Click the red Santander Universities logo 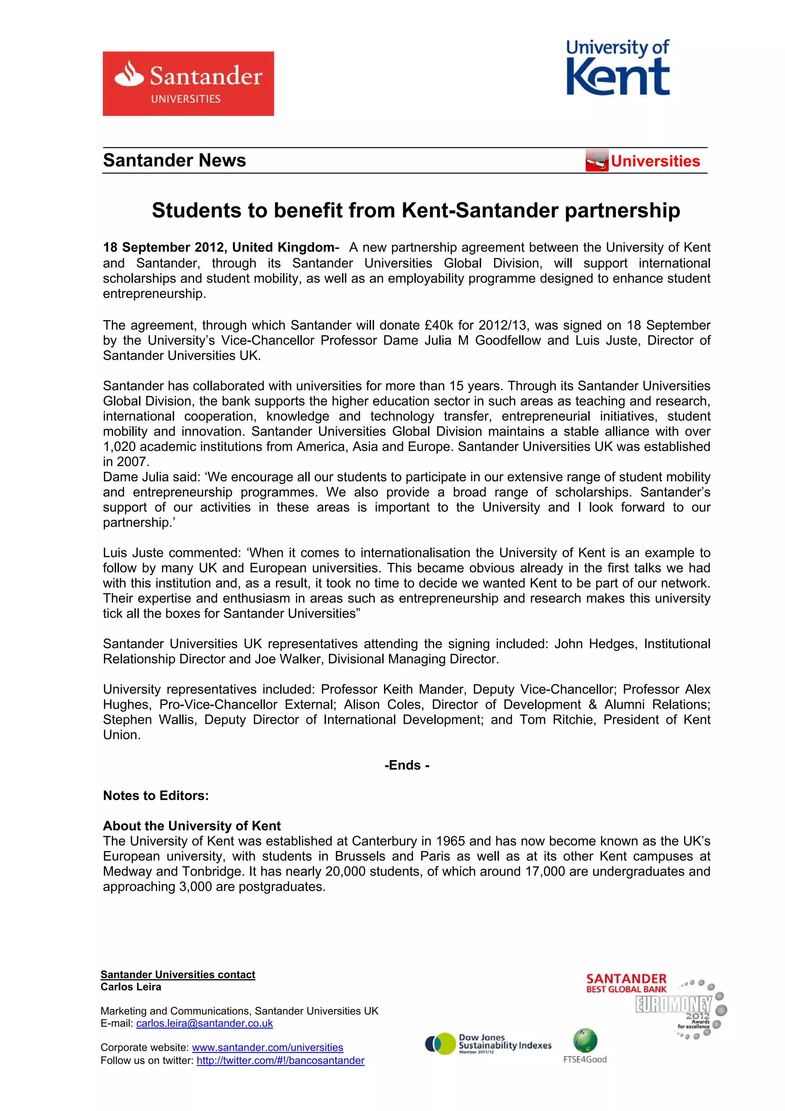pos(188,83)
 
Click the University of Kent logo pos(618,68)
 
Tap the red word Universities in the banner pos(655,161)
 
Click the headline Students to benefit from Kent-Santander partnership pos(415,210)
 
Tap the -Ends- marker pos(407,765)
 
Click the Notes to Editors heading pos(156,795)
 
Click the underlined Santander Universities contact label pos(177,975)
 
